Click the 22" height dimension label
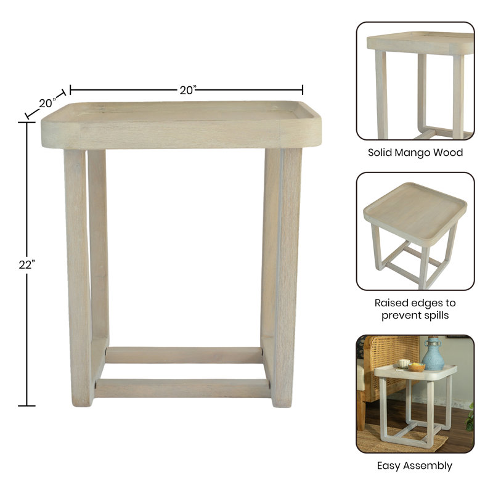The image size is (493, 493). pos(26,265)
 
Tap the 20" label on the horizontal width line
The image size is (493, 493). pos(188,90)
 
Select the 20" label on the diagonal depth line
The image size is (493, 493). pos(47,103)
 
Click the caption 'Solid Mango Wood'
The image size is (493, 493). pos(415,152)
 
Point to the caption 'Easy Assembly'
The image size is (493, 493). pos(415,466)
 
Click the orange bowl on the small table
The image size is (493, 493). pos(417,367)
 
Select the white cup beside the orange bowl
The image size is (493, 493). pos(404,364)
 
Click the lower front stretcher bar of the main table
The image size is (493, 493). pos(182,388)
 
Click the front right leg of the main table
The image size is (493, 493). pos(287,278)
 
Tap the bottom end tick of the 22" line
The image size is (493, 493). pos(26,405)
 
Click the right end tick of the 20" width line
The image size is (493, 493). pos(303,89)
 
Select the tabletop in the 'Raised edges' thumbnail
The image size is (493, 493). pos(415,213)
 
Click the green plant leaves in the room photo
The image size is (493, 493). pos(470,419)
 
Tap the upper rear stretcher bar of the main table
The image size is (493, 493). pos(184,356)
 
